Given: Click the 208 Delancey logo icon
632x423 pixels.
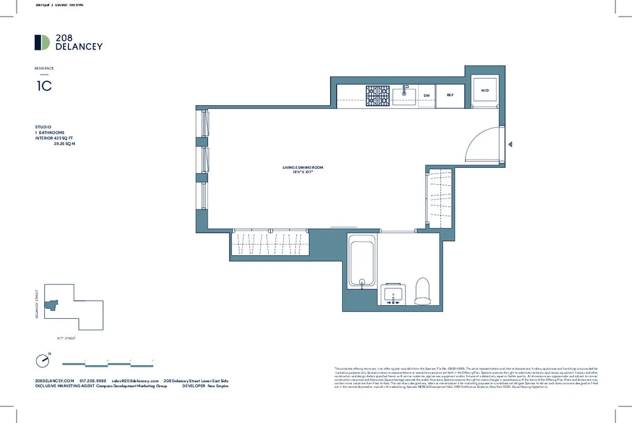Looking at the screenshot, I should pos(42,43).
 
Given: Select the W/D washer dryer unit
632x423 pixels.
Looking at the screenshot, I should pos(485,90).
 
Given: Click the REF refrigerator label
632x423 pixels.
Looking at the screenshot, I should pos(450,95).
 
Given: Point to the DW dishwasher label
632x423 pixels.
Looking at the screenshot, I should pos(427,95).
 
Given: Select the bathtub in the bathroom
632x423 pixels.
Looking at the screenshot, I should pos(362,261).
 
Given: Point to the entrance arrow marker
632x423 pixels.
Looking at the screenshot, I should pos(509,145).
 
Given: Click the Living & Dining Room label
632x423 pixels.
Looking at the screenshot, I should pos(302,167).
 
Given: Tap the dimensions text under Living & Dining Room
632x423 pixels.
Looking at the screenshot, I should pos(302,172).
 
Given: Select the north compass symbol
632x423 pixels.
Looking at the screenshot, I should pos(42,361).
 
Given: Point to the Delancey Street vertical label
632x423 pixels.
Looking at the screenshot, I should pos(37,303).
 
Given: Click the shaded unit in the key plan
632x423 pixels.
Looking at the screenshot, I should pos(52,305).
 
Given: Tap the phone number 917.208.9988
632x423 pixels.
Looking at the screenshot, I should pos(93,380).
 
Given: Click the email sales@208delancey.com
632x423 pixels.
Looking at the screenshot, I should pos(135,380).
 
